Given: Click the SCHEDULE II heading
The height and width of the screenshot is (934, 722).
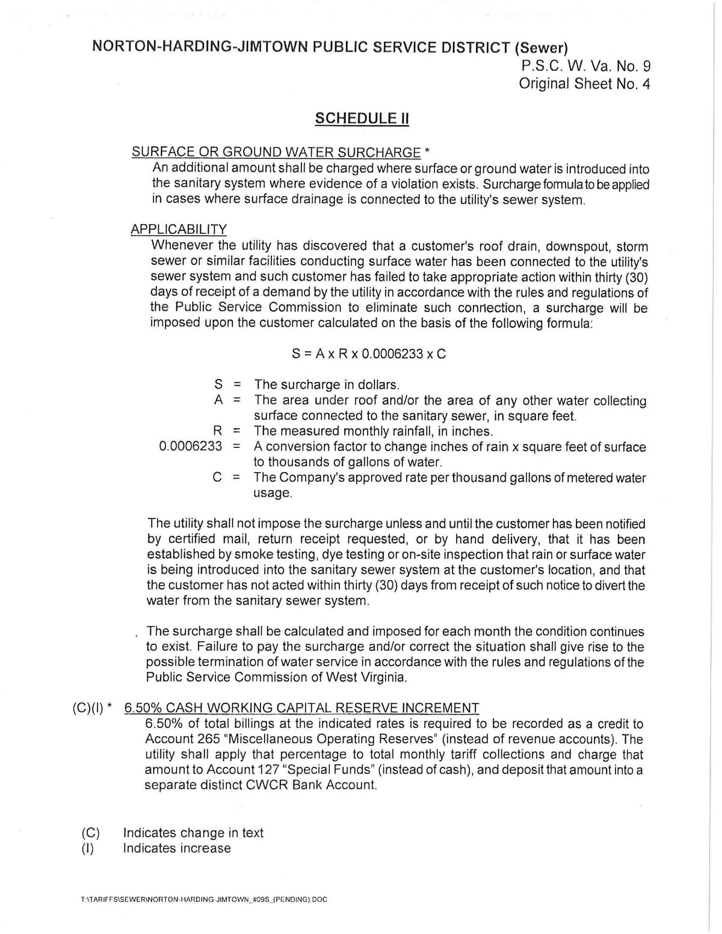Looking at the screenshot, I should coord(362,118).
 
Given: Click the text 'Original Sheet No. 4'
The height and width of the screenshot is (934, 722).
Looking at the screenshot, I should coord(584,84).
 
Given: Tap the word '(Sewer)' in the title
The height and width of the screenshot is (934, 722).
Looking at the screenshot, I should coord(541,48).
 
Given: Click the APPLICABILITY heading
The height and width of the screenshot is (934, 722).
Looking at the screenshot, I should coord(179,229).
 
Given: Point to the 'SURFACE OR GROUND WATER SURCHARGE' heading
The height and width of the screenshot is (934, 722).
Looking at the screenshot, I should coord(276,152).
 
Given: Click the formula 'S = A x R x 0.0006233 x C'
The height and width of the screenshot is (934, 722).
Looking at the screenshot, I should coord(369,354).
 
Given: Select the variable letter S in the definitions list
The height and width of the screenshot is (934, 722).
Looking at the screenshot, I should coord(218,384).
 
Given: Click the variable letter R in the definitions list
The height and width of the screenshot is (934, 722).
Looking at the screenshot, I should coord(218,431).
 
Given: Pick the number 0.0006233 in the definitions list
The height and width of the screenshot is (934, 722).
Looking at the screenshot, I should coord(190,446).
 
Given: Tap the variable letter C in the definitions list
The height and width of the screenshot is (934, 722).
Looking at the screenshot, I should coord(218,478).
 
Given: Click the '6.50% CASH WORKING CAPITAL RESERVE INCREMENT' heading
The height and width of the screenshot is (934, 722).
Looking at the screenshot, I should coord(301,708).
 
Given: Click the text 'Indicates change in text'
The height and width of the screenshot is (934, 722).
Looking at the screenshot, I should coord(193,833).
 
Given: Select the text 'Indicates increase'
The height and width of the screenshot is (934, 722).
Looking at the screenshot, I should coord(177,849).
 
